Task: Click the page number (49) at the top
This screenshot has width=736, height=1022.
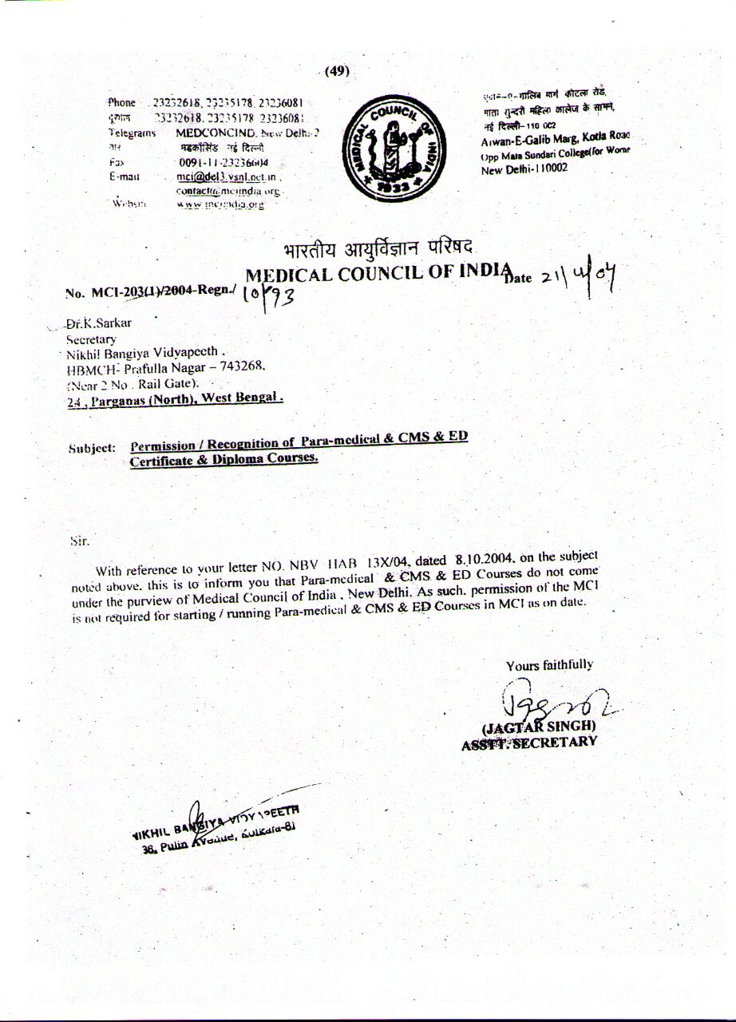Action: point(337,71)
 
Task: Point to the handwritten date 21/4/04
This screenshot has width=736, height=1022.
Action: point(581,279)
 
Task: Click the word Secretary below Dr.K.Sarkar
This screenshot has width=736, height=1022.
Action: point(91,339)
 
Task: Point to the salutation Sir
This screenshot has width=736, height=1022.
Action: point(78,541)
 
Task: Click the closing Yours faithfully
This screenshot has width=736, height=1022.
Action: point(549,665)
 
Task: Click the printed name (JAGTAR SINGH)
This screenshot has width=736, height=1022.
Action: point(538,727)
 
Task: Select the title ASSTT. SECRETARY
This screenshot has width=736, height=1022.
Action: point(528,742)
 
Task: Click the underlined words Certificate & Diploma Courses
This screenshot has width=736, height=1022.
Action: point(224,459)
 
